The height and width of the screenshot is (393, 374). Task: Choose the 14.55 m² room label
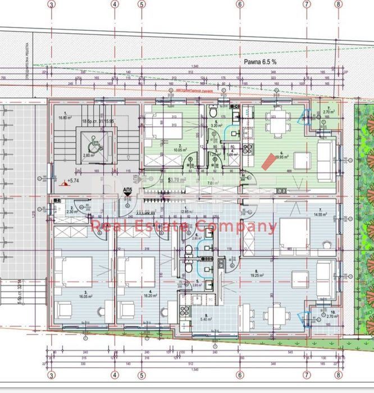[x=321, y=214]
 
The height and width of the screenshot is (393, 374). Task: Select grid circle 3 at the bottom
[x=52, y=375]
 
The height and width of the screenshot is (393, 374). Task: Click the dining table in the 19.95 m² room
[x=275, y=126]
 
